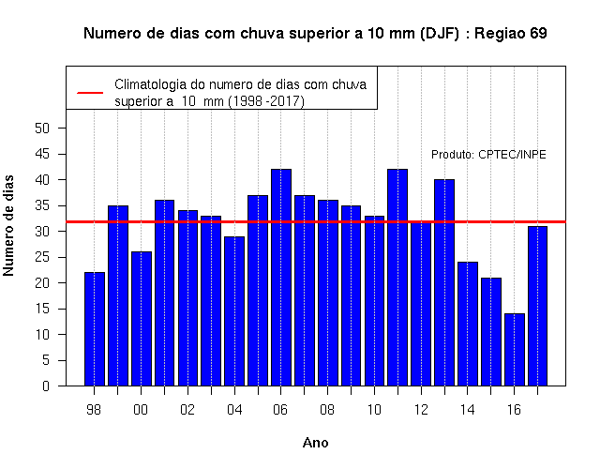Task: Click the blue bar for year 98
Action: (95, 329)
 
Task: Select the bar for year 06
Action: (281, 278)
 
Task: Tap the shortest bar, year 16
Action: (515, 350)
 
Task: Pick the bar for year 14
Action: (468, 324)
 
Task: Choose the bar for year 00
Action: (142, 319)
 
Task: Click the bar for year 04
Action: (234, 311)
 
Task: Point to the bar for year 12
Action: (421, 303)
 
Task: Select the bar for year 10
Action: (375, 301)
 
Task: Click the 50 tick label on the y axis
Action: (42, 129)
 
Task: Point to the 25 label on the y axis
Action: (42, 257)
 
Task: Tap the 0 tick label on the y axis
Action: (46, 386)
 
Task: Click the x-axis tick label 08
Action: (327, 410)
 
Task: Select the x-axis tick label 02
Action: (187, 410)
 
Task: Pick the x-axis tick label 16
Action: (514, 410)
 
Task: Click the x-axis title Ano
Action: (316, 443)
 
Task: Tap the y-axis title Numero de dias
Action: (8, 225)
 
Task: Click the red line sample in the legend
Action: (90, 93)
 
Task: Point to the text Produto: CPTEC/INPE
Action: (488, 154)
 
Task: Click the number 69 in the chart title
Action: (538, 34)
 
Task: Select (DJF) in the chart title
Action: (440, 34)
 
